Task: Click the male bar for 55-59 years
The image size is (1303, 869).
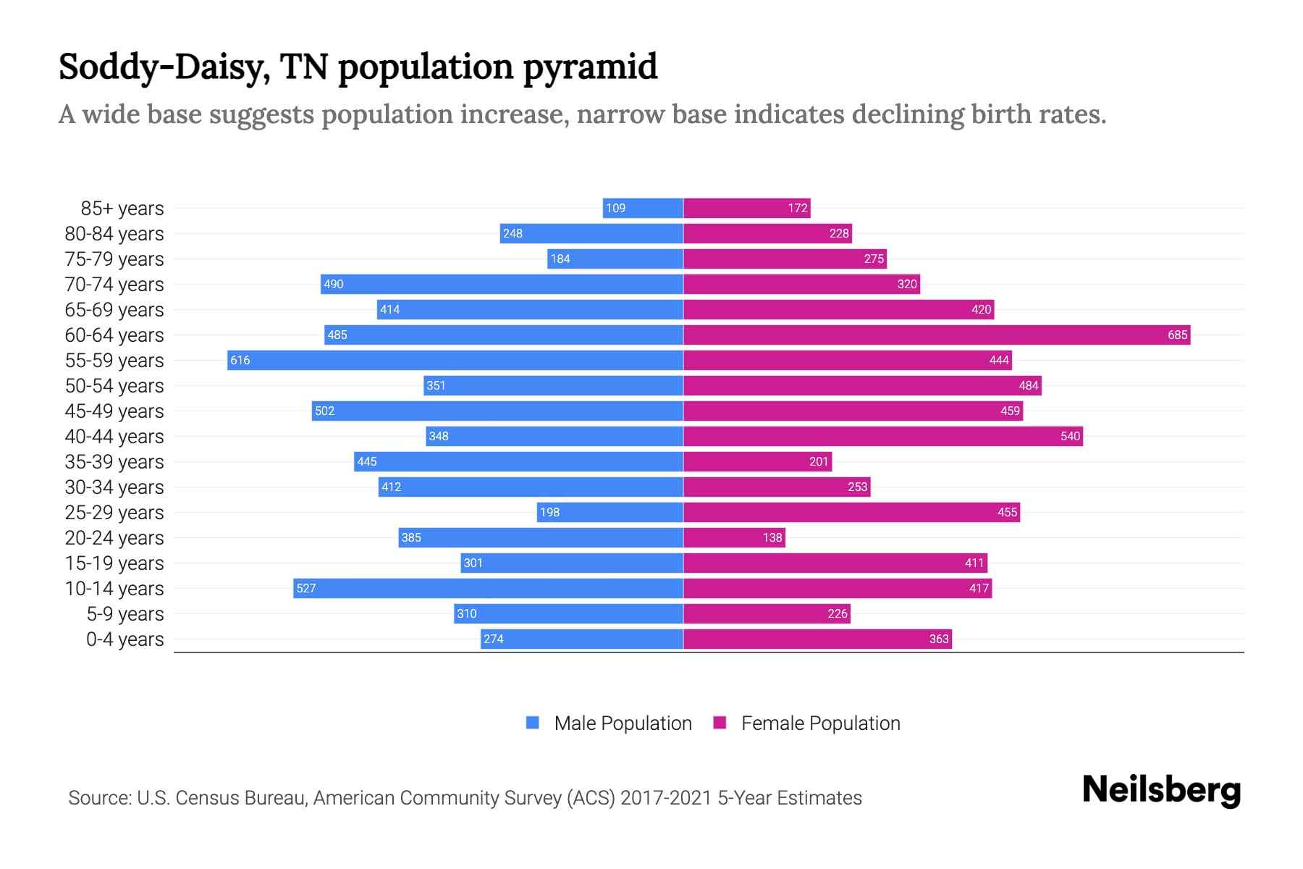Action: [x=455, y=360]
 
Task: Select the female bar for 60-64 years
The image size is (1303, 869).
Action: [x=937, y=335]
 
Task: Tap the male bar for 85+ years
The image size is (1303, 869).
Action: [x=643, y=208]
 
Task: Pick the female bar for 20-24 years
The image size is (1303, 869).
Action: [x=734, y=537]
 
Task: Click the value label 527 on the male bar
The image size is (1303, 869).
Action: [x=306, y=588]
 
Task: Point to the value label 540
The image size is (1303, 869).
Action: [x=1070, y=436]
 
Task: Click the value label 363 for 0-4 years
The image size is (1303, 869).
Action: [x=939, y=639]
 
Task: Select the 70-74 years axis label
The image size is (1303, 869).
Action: [x=114, y=284]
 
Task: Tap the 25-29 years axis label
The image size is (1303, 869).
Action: [x=114, y=512]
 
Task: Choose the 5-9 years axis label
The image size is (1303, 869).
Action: [x=125, y=613]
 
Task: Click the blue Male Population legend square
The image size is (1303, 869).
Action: [x=533, y=723]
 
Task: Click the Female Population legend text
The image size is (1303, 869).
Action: [x=820, y=723]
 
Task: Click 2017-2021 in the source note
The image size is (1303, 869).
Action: [x=666, y=797]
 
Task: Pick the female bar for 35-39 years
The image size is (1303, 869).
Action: [x=757, y=461]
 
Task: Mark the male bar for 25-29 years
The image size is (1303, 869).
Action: [x=610, y=512]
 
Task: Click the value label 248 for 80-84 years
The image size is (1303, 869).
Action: [x=513, y=233]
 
